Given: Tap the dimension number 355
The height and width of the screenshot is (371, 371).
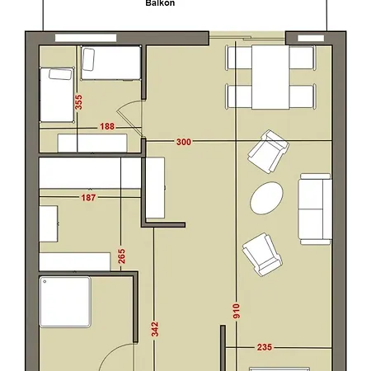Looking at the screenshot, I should [78, 102].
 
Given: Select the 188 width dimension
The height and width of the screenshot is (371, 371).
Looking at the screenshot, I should [106, 127].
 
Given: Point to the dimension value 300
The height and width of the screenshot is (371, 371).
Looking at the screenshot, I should [183, 142].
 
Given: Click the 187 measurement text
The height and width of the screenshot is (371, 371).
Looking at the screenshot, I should [92, 198].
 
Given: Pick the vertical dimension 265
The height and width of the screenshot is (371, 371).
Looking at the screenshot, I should [121, 256].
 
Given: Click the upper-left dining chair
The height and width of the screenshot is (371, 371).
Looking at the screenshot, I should [238, 58].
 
